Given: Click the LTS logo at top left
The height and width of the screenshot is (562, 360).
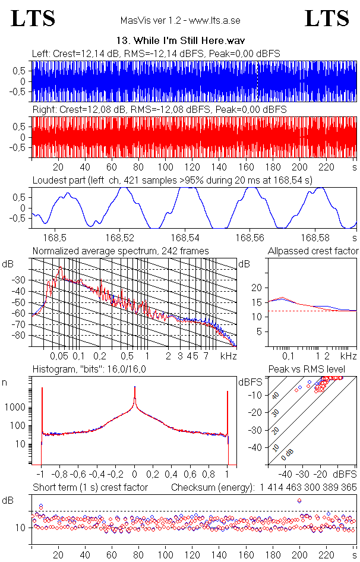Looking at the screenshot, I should click(x=33, y=18).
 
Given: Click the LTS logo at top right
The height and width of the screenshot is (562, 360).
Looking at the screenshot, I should click(x=327, y=18).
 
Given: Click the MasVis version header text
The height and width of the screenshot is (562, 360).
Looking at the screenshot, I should click(x=180, y=21).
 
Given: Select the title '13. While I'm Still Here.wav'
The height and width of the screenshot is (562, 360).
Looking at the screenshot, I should click(x=179, y=40).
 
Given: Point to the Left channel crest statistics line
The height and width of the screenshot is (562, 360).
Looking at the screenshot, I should click(x=156, y=53).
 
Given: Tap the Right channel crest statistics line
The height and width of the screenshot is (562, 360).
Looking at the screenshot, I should click(x=159, y=110).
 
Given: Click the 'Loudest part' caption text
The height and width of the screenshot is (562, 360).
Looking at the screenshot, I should click(x=172, y=179).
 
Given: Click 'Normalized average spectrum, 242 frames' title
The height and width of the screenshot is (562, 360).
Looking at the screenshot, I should click(x=121, y=251).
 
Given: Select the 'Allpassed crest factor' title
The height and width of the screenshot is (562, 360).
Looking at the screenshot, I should click(x=313, y=251).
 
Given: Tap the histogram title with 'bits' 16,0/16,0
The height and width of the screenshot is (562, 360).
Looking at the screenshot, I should click(x=89, y=370).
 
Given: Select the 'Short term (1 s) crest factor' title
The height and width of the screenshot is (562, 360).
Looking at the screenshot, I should click(x=90, y=487).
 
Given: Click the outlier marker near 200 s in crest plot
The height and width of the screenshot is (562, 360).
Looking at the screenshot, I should click(x=299, y=501).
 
